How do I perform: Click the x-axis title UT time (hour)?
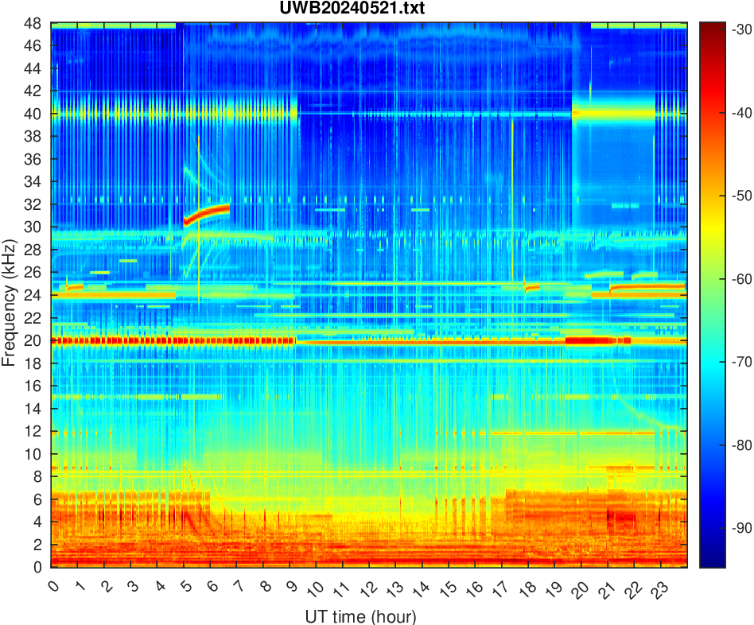tap(360, 616)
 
